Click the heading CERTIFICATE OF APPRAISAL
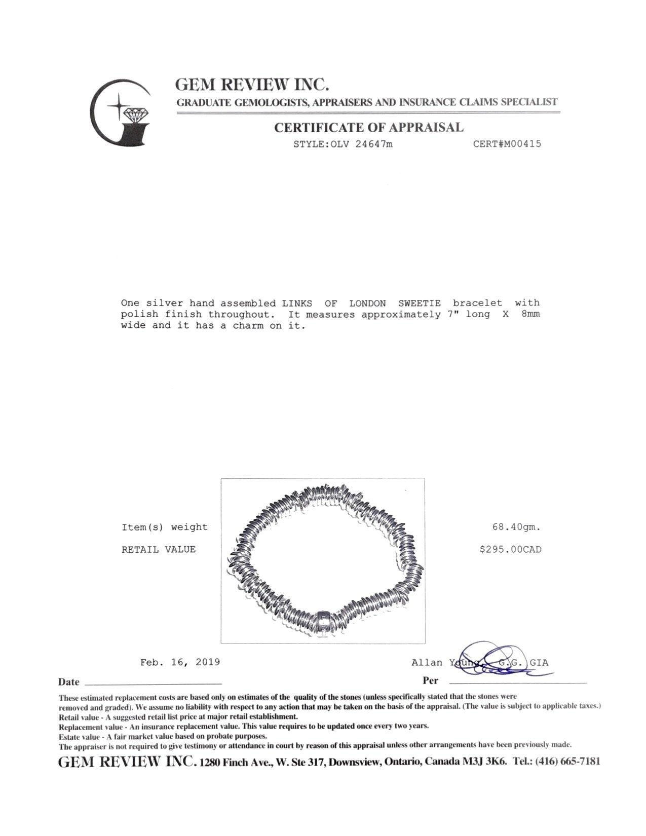coord(368,128)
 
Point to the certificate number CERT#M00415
coord(507,144)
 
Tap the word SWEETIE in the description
coord(419,303)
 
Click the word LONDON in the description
coord(367,303)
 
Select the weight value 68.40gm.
coord(516,527)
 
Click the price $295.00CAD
coord(510,549)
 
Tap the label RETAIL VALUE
coord(159,549)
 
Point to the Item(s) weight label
coord(165,527)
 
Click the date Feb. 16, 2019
coord(180,662)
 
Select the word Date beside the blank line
coord(69,682)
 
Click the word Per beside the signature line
coord(430,680)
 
